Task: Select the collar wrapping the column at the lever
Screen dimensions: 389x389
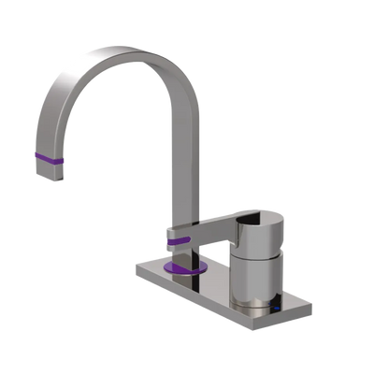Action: pos(178,232)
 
